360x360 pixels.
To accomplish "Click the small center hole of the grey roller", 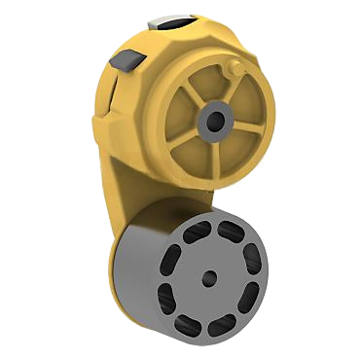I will coord(209,277).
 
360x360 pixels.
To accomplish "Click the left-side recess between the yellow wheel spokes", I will coord(179,118).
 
